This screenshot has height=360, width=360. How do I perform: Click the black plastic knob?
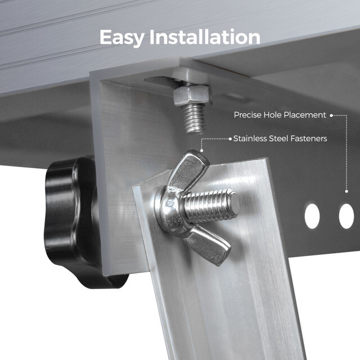70,219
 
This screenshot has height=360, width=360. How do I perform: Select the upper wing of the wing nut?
188,170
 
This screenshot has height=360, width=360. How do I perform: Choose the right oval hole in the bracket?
346,216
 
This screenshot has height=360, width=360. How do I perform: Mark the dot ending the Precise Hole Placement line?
331,115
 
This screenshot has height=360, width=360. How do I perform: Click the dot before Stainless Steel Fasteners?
230,138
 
